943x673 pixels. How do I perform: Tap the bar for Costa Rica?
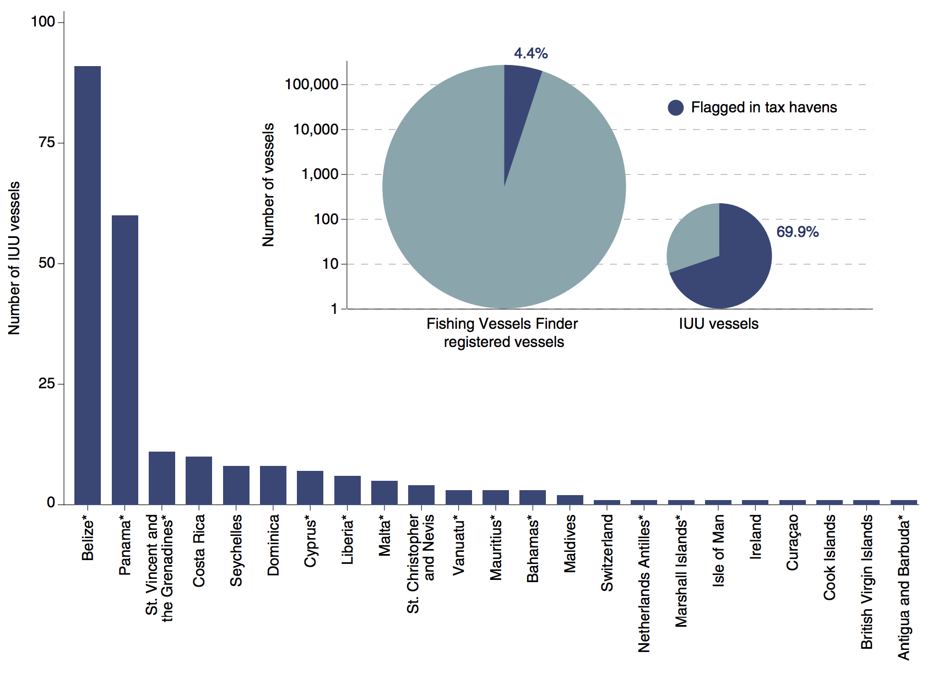199,480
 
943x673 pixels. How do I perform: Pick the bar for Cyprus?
310,487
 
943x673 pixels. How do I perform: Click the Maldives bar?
570,500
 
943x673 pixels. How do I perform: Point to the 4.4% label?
530,53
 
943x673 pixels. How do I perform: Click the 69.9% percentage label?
797,232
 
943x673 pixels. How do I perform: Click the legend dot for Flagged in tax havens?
675,107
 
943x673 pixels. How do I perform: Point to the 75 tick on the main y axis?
47,143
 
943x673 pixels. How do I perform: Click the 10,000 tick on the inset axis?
316,129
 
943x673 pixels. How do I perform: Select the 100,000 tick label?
311,84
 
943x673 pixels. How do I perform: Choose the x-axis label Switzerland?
607,553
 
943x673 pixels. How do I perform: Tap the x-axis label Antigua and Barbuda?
904,587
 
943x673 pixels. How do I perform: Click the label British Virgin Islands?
867,582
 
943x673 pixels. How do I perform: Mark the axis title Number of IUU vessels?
14,258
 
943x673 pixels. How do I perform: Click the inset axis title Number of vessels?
268,185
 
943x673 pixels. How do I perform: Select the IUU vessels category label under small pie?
718,324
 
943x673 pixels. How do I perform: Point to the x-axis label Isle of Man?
718,551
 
